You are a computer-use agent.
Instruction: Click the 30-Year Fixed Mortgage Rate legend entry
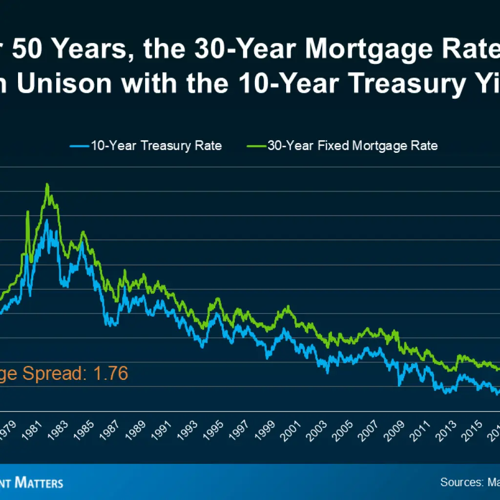[x=352, y=146]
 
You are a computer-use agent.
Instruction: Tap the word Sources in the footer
[x=461, y=482]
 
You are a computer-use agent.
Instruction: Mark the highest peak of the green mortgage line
[x=47, y=185]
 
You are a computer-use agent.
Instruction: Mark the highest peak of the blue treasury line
[x=47, y=220]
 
